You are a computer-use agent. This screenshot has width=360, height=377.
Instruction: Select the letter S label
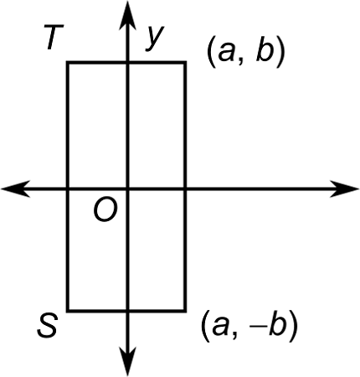pos(49,326)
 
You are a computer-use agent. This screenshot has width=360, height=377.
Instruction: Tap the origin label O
pos(105,211)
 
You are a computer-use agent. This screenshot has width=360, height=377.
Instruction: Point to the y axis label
pos(152,38)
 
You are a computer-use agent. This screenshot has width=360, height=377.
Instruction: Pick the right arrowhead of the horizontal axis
pos(349,188)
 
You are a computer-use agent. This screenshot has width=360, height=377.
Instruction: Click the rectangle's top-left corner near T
pos(68,62)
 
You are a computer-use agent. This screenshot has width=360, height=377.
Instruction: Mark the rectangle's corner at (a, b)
pos(185,62)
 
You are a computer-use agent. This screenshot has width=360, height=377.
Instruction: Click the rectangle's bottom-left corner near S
pos(68,310)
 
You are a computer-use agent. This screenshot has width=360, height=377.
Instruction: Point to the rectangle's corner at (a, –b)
pos(185,310)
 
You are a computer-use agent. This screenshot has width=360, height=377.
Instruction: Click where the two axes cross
pos(127,188)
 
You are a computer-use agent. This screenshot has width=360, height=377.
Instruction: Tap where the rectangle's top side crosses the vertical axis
pos(127,62)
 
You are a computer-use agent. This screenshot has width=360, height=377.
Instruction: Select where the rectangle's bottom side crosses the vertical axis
pos(127,310)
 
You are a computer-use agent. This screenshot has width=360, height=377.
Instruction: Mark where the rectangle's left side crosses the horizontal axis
pos(68,188)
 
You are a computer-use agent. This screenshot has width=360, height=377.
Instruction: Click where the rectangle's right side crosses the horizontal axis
pos(185,188)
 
